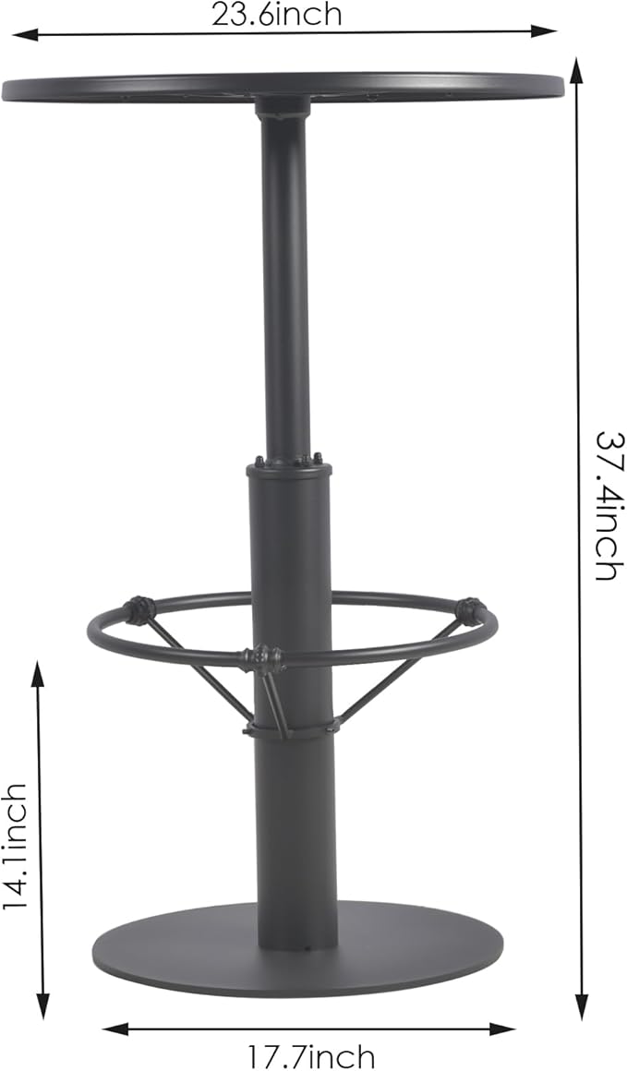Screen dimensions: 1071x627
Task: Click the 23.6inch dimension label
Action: pos(276,14)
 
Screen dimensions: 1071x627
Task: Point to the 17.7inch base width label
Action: pos(310,1055)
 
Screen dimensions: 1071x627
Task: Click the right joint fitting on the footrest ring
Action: pos(469,610)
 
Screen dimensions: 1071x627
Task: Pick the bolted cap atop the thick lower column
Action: pos(289,465)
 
